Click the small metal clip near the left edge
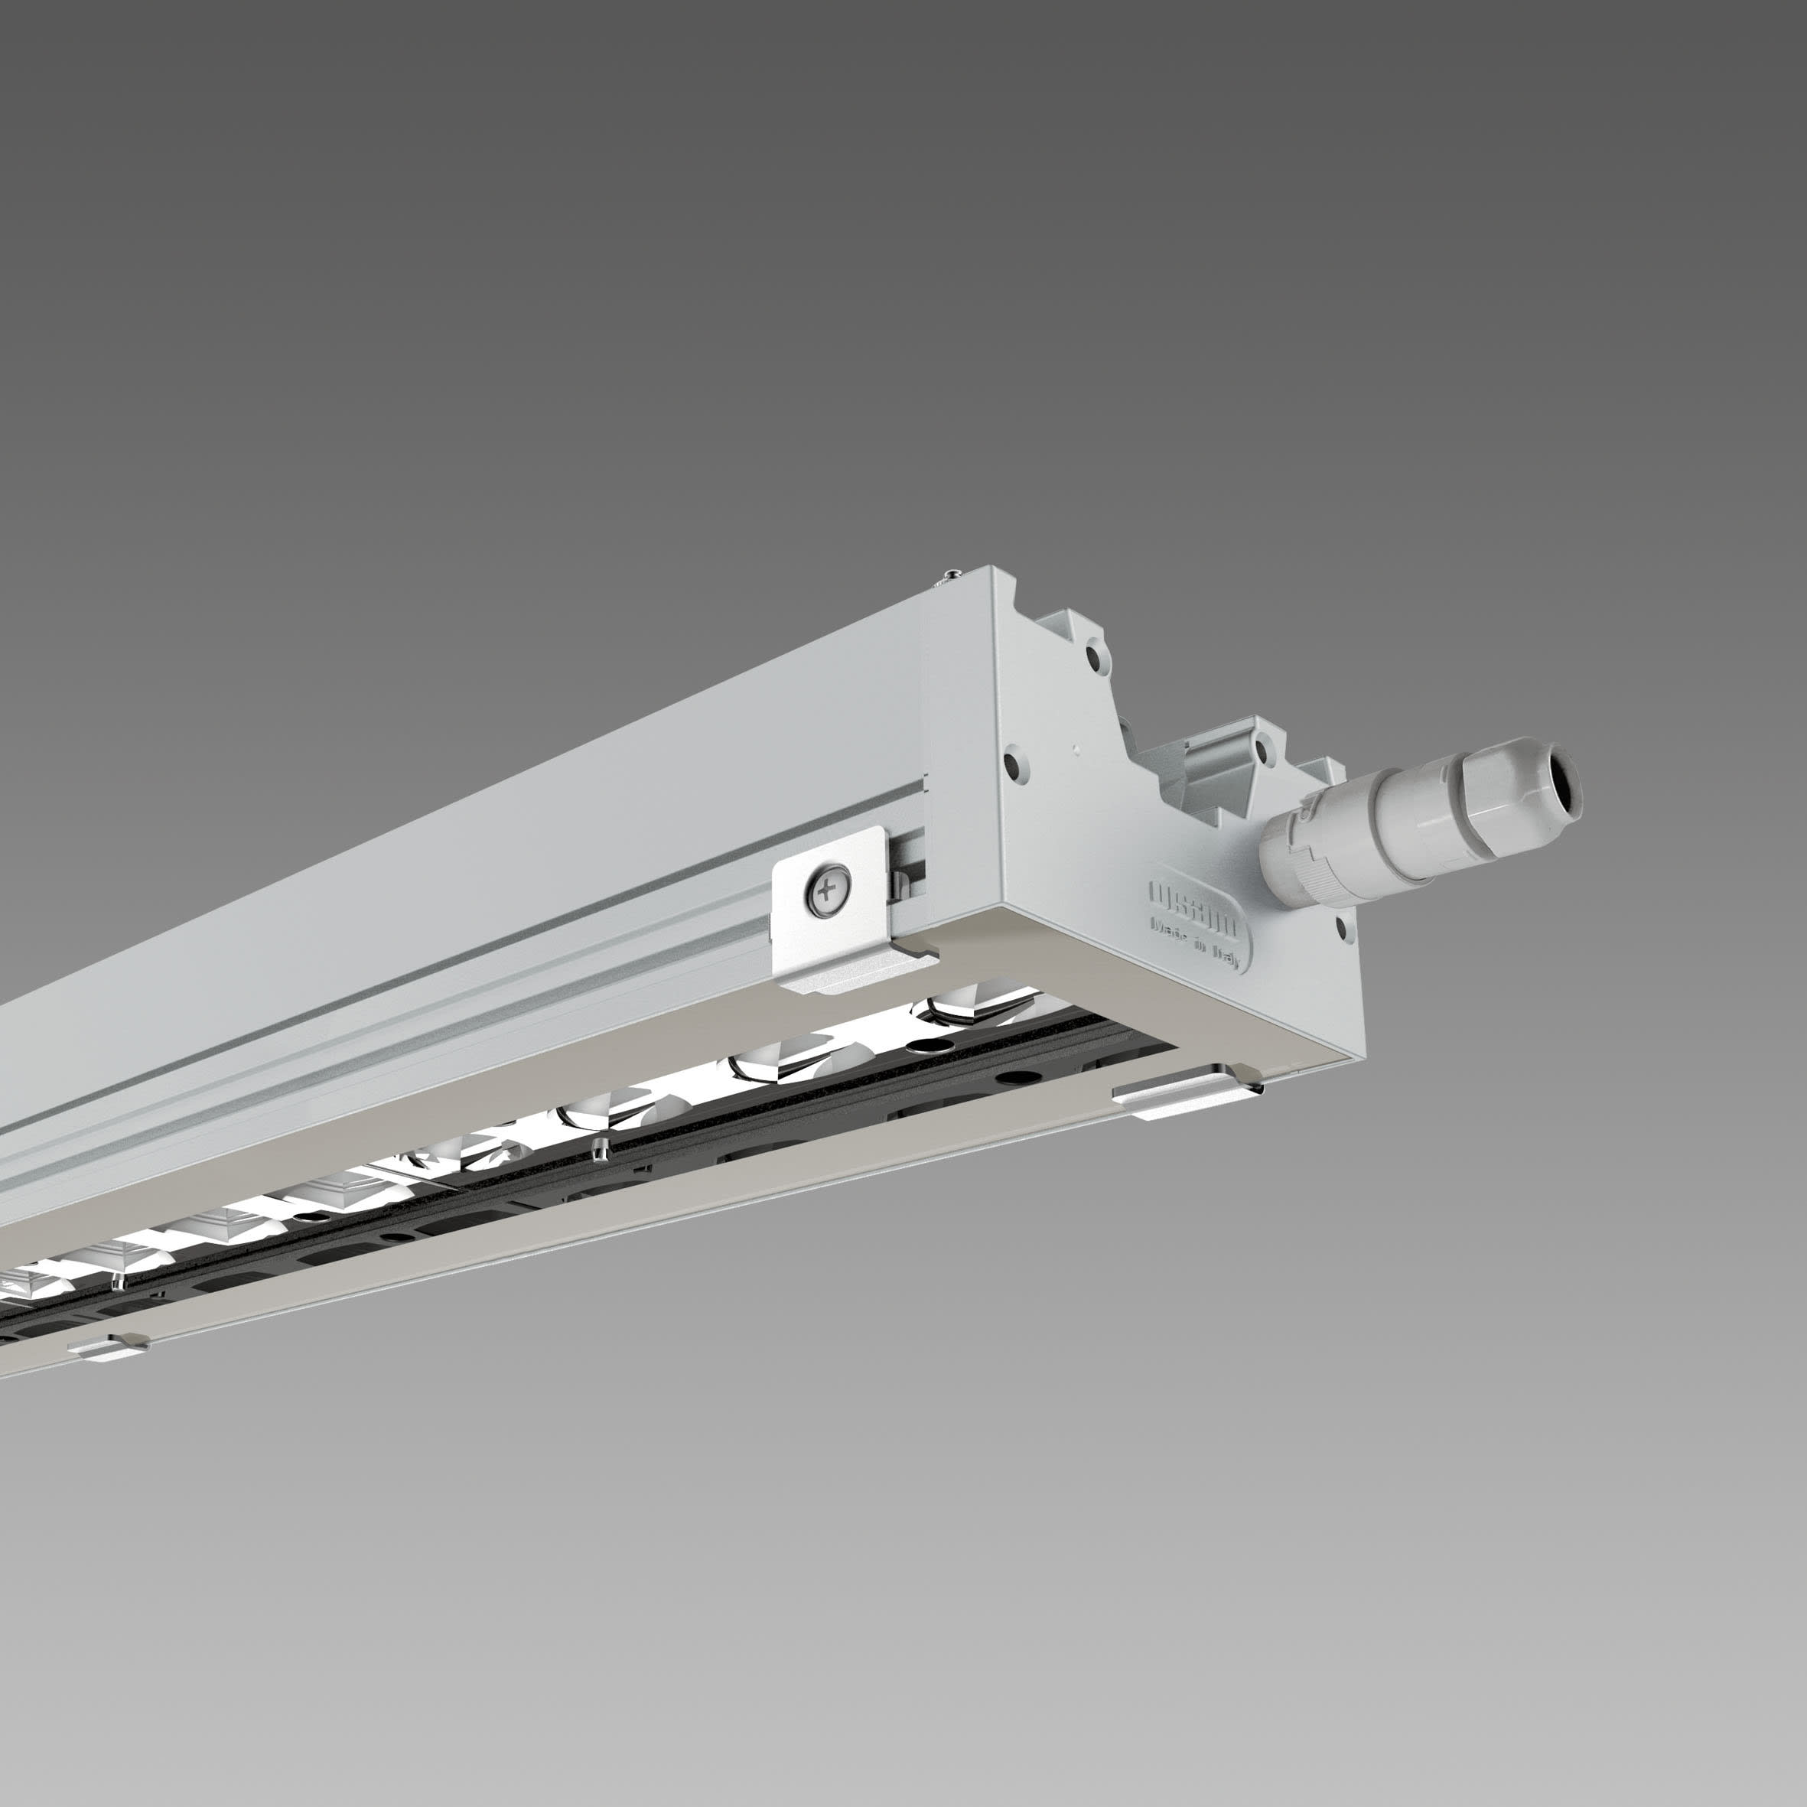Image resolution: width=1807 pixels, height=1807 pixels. coord(110,1348)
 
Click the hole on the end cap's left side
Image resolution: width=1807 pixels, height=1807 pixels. coord(1012,766)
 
